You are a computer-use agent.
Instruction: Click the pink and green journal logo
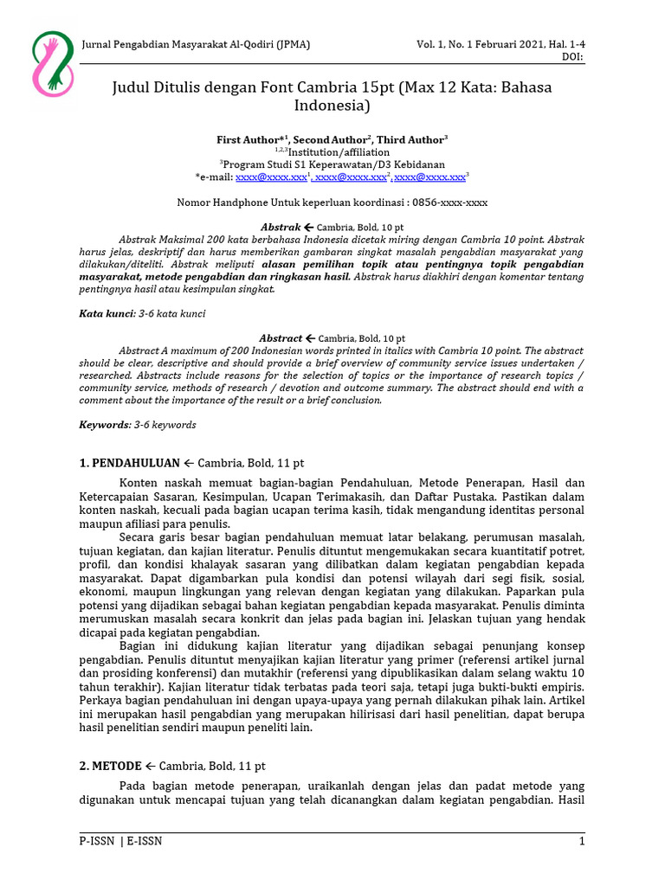(52, 64)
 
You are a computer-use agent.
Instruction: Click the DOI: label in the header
(573, 57)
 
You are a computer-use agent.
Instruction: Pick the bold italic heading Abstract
(281, 338)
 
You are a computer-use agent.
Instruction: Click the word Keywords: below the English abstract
(105, 425)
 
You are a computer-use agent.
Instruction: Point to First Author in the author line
(252, 139)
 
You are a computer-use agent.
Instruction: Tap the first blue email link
(272, 177)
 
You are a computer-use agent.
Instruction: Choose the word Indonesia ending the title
(332, 107)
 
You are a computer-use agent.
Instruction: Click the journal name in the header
(196, 45)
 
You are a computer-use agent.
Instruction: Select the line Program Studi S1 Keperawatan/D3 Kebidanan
(334, 164)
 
